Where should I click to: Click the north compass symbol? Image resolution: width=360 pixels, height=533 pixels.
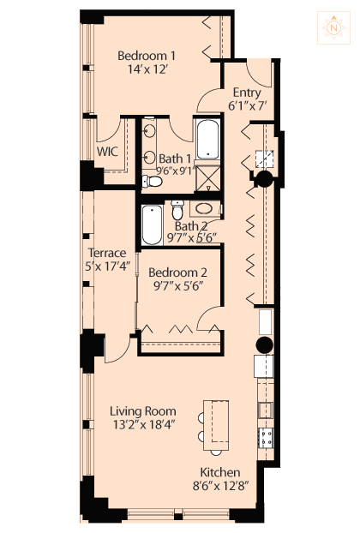click(333, 28)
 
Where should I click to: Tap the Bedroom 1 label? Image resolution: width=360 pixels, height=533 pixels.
click(147, 55)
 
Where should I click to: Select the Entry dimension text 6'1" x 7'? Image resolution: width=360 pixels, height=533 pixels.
click(247, 106)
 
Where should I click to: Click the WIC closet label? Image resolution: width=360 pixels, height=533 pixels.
click(107, 152)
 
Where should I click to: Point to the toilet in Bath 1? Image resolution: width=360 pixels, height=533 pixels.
click(151, 181)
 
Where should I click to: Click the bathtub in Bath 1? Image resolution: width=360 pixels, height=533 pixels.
click(207, 139)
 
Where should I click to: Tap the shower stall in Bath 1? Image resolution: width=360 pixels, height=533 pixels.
click(208, 178)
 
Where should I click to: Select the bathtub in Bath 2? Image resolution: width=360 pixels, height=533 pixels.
click(152, 225)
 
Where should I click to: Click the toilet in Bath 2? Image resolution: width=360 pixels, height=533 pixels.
click(177, 210)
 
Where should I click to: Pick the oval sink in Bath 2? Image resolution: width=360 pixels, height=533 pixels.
click(204, 208)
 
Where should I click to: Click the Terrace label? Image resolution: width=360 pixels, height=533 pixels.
click(107, 253)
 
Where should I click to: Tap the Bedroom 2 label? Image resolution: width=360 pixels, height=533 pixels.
click(177, 272)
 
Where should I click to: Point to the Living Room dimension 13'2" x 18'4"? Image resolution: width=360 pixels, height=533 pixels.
click(144, 424)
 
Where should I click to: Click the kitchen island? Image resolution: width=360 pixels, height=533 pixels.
click(216, 425)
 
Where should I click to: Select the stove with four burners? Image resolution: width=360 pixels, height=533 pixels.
click(266, 438)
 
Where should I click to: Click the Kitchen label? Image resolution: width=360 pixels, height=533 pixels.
click(220, 472)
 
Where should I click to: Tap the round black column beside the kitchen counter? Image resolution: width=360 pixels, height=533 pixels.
click(265, 345)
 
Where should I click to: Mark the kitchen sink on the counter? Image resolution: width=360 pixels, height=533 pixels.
click(266, 410)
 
